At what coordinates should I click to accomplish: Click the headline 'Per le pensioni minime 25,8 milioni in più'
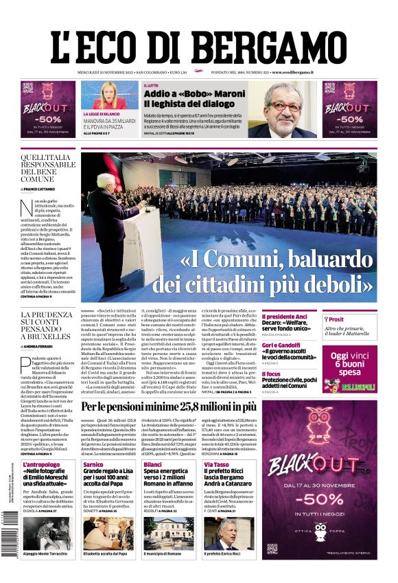pos(178,407)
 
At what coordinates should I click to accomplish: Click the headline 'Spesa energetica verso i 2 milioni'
pos(169,478)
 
